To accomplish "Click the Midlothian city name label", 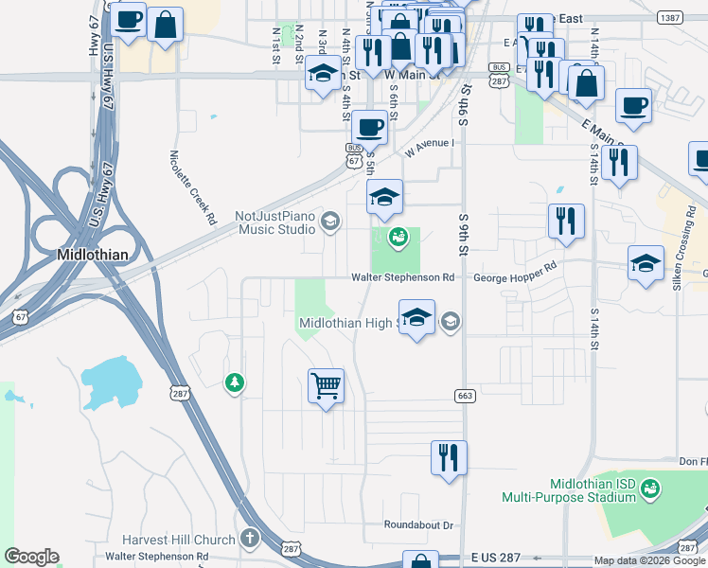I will click(x=92, y=255).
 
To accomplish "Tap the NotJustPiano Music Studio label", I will click(x=275, y=222).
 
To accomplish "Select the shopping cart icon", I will click(x=326, y=386).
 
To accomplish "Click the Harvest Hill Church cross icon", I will click(x=250, y=540).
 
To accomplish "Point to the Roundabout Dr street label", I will click(x=419, y=524).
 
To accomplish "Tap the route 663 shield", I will click(x=464, y=396).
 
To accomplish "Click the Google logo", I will click(x=31, y=557).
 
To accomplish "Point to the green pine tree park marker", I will click(x=234, y=382).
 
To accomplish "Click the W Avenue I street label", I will click(x=429, y=148).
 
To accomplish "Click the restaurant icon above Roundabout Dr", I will click(x=448, y=456).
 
